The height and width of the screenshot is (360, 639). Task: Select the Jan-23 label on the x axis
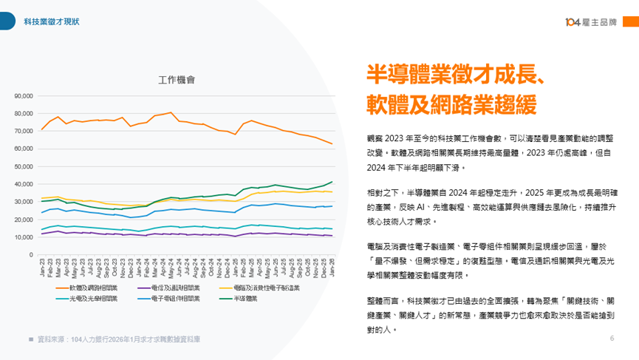point(42,265)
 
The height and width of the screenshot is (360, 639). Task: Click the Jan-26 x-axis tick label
point(332,265)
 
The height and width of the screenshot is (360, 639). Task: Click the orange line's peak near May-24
point(171,112)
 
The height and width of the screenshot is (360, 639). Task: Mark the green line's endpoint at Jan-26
point(332,182)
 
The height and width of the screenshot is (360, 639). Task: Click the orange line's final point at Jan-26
point(332,143)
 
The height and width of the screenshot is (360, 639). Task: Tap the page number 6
point(612,338)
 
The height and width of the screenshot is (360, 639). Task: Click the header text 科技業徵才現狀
point(52,21)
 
